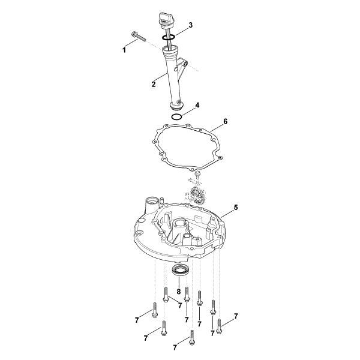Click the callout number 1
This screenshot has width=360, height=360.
point(125,50)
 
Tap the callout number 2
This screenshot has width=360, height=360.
point(154,84)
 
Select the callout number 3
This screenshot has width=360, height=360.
point(190,25)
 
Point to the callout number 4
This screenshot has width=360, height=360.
point(196,105)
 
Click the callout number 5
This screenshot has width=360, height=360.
point(236,207)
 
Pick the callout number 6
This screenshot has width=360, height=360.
point(225,121)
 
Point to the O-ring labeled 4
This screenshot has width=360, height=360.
point(176,116)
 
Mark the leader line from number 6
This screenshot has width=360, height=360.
point(214,126)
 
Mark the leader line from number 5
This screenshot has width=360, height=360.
point(227,212)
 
